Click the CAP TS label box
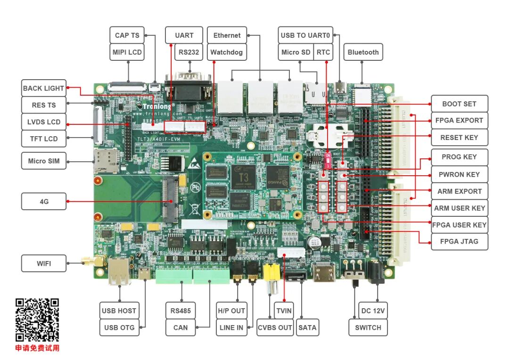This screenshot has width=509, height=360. pos(127,35)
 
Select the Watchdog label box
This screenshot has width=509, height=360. pos(226,52)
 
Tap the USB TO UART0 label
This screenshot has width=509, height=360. pos(305,35)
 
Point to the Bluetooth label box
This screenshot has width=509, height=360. pos(363,52)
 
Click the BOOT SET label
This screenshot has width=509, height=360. pos(459,104)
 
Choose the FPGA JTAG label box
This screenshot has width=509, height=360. pos(459,241)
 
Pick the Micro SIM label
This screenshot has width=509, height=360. pos(44,161)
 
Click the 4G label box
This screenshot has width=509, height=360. pos(44,202)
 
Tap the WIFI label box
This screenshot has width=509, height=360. pos(44,263)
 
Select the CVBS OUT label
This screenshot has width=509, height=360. pos(275,327)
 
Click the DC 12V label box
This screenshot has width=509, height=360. pos(373,311)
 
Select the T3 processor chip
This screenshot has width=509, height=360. pos(243,176)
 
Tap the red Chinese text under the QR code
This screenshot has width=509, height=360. pos(37,348)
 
